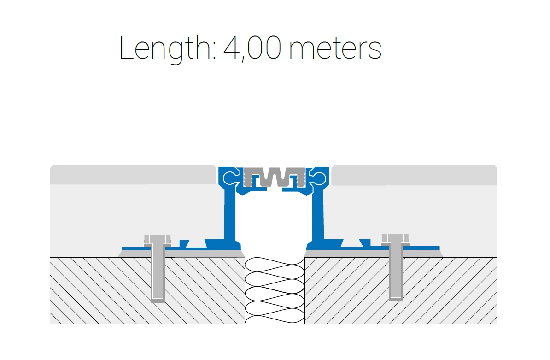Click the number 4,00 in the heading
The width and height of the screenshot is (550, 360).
coord(252,48)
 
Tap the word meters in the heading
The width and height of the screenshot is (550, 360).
coord(335,49)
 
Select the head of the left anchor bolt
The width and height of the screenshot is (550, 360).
coord(158,241)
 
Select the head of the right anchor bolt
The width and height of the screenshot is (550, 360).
coord(395,240)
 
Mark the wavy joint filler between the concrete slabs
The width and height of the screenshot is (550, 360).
coord(275,290)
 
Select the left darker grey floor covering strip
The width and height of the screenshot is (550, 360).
coord(133,174)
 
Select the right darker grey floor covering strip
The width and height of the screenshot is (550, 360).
coord(414,175)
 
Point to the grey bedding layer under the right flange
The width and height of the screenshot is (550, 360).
coord(374,254)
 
